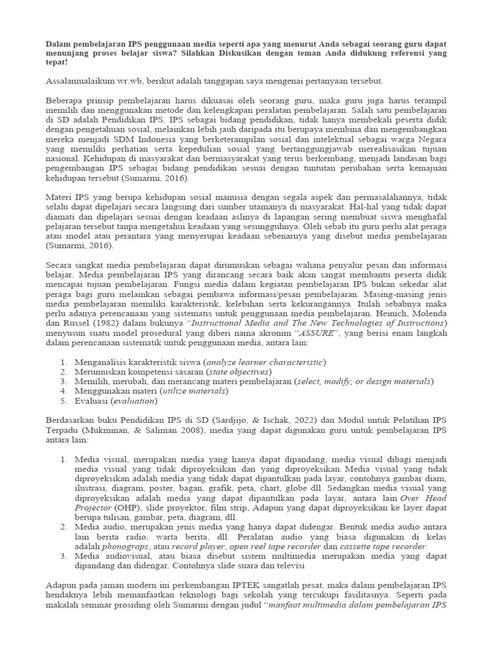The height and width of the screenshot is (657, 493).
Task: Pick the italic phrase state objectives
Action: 236,371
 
